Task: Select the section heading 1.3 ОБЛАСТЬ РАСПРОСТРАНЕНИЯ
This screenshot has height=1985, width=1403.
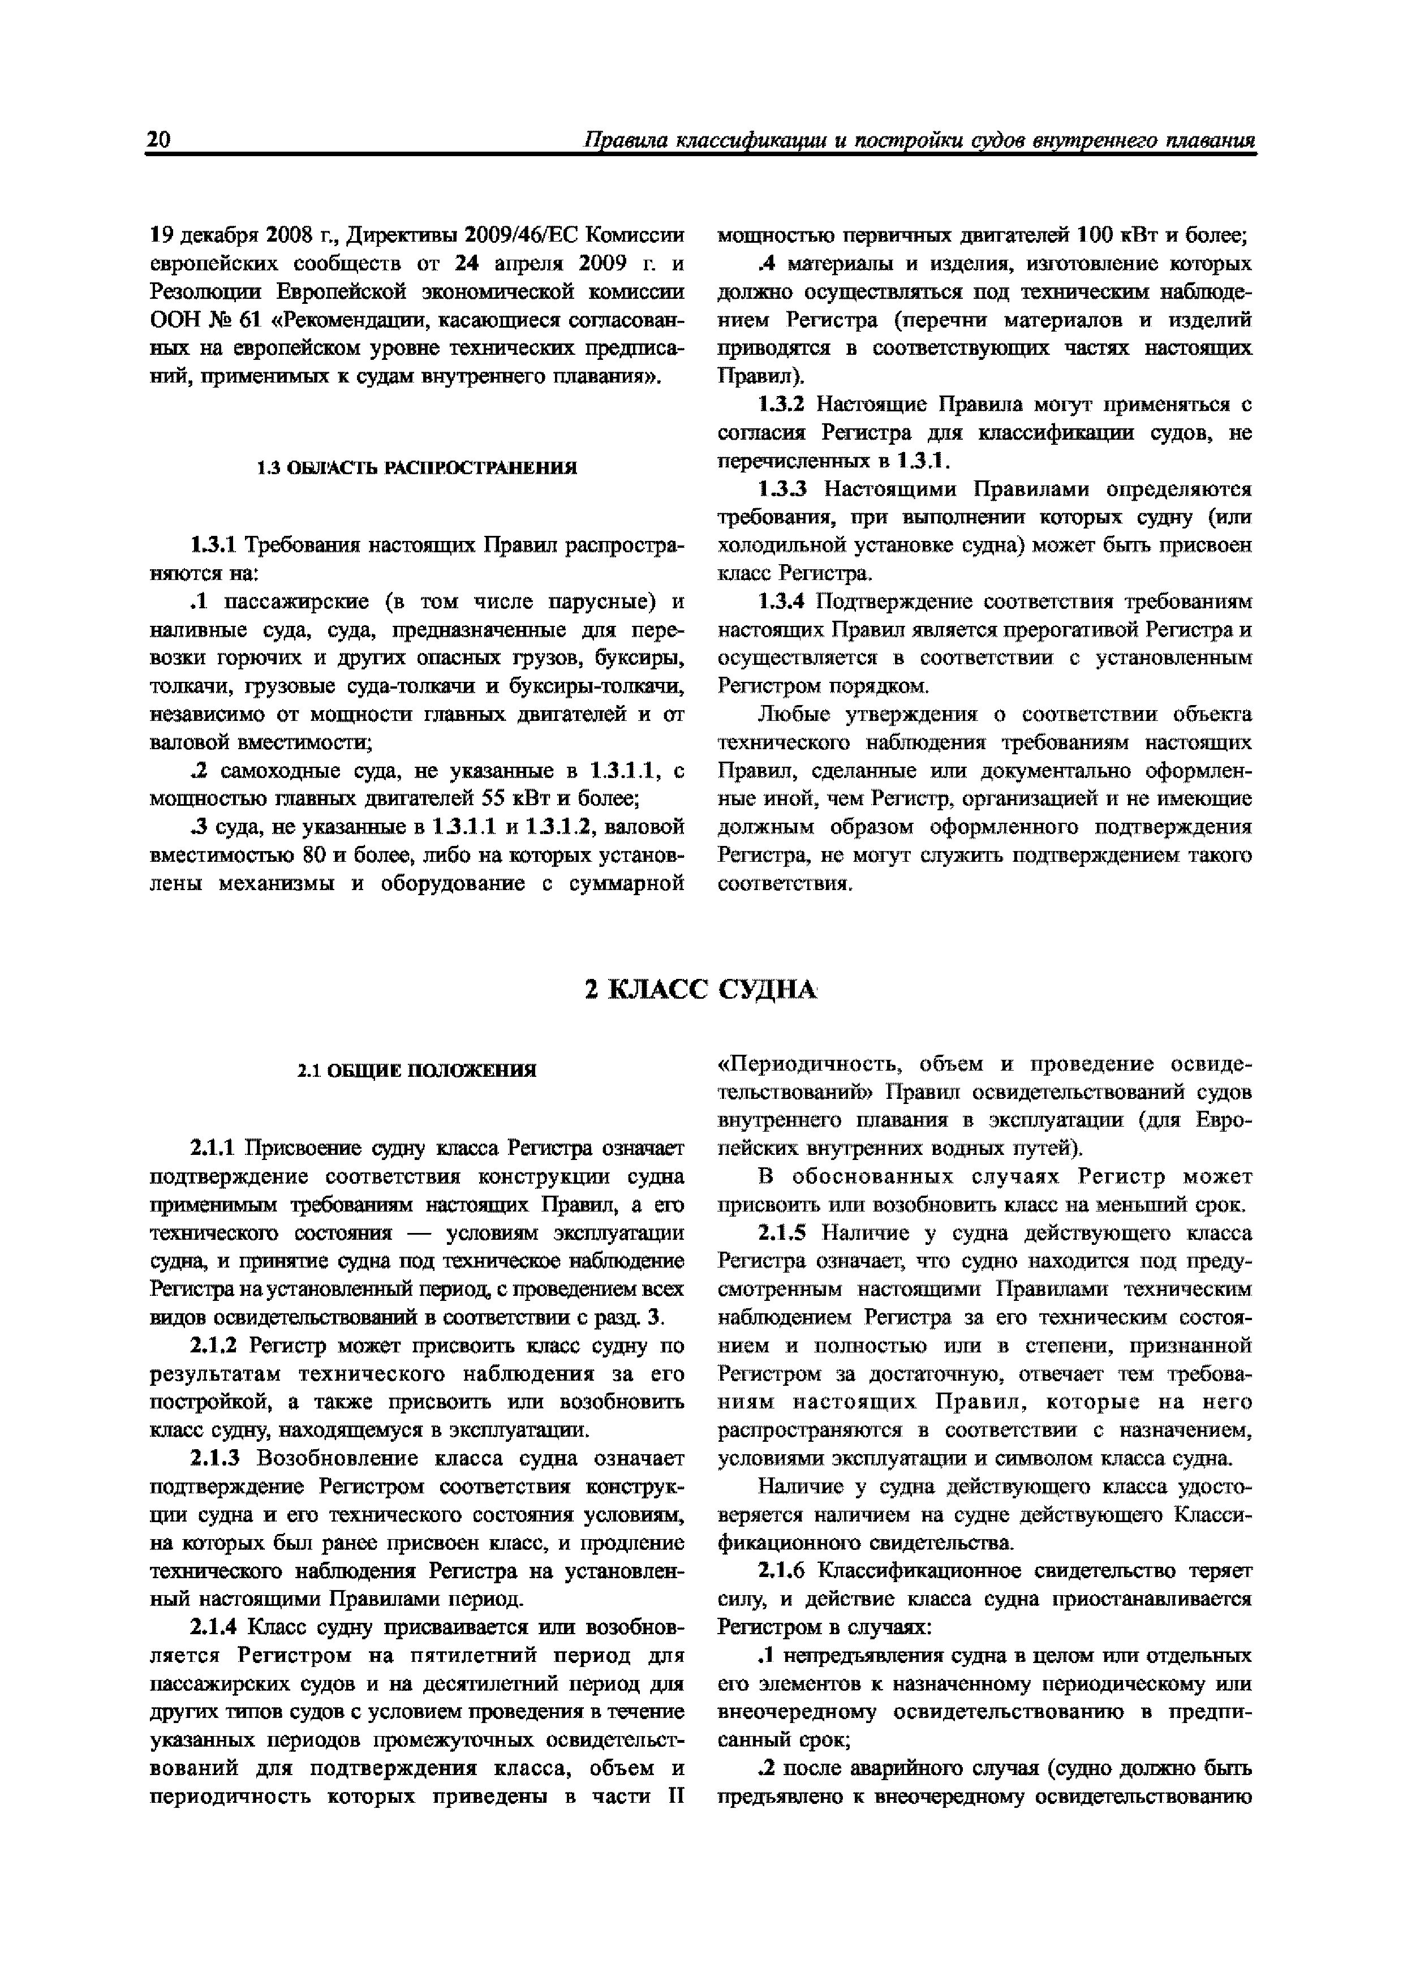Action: pyautogui.click(x=417, y=469)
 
